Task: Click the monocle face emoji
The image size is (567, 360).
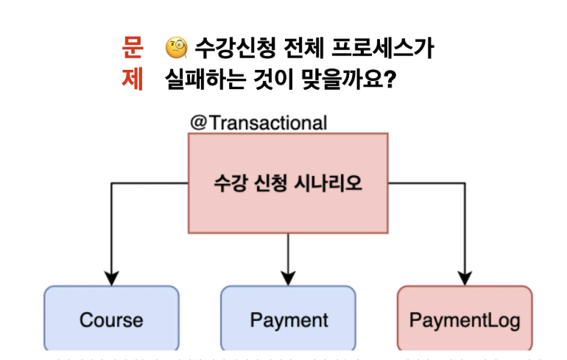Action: coord(177,49)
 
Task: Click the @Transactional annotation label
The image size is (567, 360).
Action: coord(258,122)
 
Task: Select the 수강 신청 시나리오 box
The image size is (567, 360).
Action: coord(288,183)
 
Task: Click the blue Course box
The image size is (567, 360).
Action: coord(111,320)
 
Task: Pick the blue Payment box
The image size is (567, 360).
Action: coord(289,320)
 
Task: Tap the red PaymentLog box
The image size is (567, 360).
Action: coord(465,320)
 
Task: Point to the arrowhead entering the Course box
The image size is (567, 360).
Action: coord(111,278)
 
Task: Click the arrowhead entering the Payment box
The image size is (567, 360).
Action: coord(288,278)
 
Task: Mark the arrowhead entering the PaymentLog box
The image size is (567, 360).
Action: coord(465,278)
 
